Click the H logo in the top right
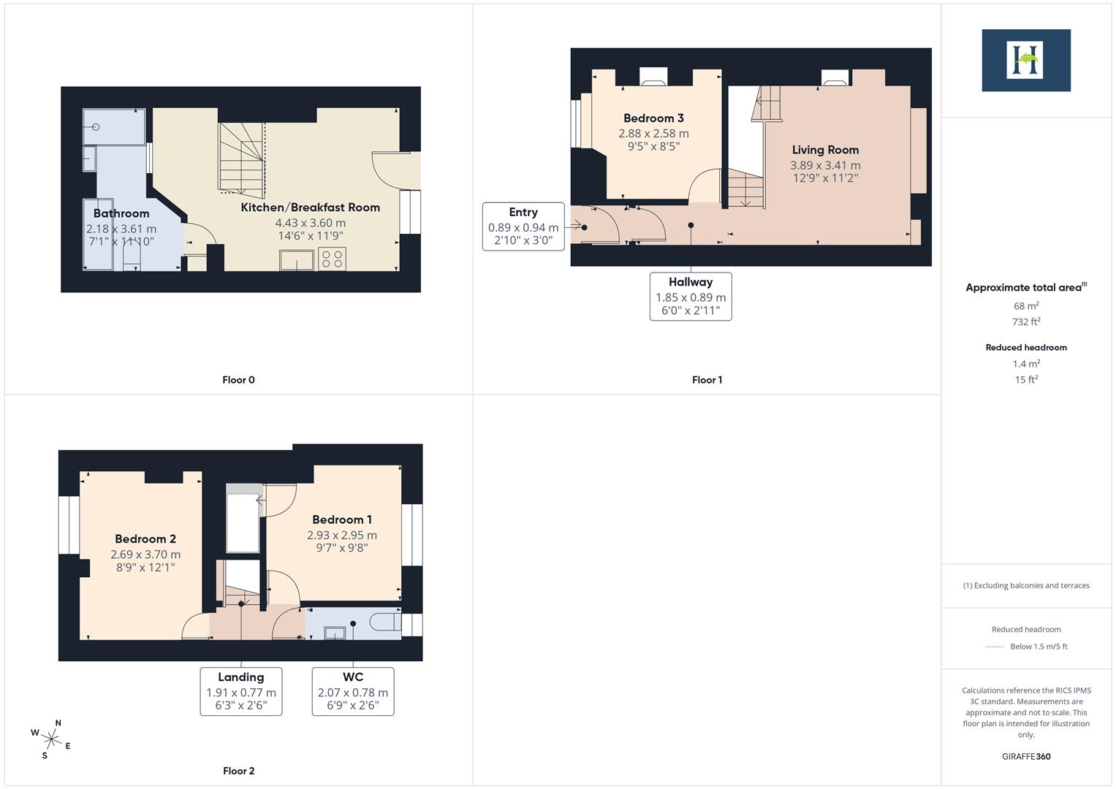1025,60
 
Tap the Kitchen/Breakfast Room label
311,207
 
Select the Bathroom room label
121,213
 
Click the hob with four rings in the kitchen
333,259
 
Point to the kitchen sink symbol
297,259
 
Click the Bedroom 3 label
653,118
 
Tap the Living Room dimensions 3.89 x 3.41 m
825,166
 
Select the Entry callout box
523,226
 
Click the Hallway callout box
691,296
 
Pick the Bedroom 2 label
145,539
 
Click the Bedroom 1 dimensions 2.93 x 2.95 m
342,535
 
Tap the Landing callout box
241,690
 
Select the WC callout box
353,690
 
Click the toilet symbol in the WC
384,622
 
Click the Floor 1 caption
707,380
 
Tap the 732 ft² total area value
1026,322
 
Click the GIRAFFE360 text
1026,756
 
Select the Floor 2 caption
239,771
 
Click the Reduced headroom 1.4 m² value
1026,364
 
